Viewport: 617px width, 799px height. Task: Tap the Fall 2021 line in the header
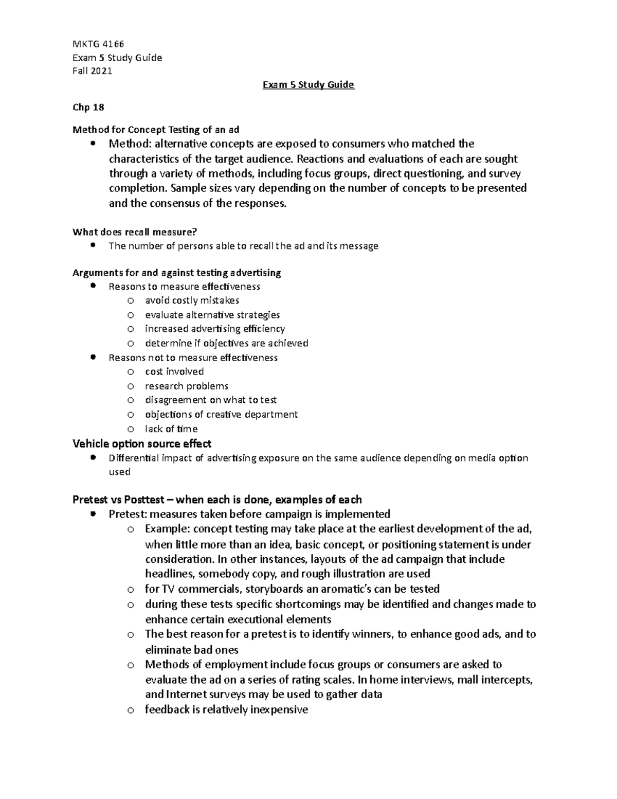click(x=92, y=71)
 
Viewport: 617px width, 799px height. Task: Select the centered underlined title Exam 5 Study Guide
click(x=308, y=84)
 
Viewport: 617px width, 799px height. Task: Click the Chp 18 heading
click(x=88, y=107)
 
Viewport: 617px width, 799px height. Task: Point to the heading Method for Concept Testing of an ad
click(x=156, y=129)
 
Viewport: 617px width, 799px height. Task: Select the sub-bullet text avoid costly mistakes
click(x=192, y=300)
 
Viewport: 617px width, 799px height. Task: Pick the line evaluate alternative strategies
click(x=212, y=315)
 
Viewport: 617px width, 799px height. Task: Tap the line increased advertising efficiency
click(x=215, y=329)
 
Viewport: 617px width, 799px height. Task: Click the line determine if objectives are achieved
click(x=226, y=343)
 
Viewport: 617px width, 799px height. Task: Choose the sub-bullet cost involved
click(x=174, y=371)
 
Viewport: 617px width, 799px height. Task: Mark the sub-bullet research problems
click(x=187, y=386)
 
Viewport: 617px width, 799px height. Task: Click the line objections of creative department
click(x=221, y=414)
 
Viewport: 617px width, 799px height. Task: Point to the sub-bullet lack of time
click(x=171, y=429)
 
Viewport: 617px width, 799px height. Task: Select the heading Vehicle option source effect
click(x=142, y=443)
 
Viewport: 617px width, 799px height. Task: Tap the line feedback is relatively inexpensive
click(x=226, y=710)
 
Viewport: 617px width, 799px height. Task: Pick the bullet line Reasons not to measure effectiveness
click(x=193, y=358)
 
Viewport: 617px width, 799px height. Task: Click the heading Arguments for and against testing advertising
click(x=177, y=272)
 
